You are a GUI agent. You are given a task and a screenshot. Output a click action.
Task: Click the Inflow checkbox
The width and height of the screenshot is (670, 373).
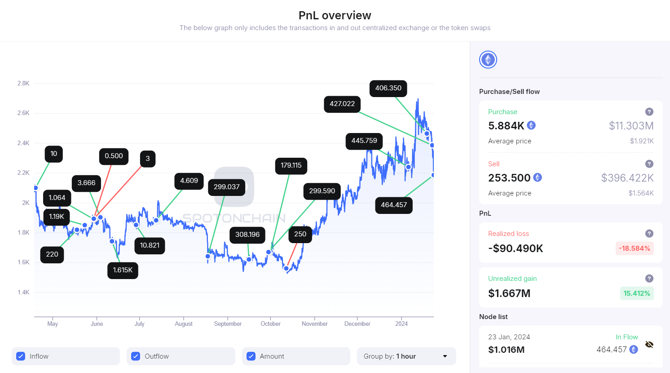(x=21, y=356)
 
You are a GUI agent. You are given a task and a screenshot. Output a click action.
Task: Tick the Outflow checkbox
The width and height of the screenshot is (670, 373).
(x=136, y=356)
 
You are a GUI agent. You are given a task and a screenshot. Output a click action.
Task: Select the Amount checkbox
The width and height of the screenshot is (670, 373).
(x=251, y=356)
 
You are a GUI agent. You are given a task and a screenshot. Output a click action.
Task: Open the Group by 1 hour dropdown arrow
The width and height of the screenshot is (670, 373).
(x=445, y=356)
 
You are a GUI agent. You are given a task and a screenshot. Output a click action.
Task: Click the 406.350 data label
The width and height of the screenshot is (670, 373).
(x=388, y=88)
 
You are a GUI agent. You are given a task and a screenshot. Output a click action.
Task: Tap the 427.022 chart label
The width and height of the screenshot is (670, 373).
(x=342, y=104)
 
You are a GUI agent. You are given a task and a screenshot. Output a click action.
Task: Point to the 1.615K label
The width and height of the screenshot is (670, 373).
(x=123, y=270)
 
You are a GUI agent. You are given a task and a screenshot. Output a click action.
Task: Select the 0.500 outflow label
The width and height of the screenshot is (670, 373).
(x=114, y=156)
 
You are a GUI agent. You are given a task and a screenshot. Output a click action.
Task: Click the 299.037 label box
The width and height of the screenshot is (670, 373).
(x=226, y=187)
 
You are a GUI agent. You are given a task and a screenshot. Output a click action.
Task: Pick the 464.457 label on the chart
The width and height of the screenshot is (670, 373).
(x=394, y=205)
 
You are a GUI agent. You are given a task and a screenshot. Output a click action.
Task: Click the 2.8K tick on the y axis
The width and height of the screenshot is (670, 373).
(x=23, y=83)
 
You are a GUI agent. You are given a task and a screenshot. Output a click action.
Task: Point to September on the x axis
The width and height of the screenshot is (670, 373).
(x=228, y=324)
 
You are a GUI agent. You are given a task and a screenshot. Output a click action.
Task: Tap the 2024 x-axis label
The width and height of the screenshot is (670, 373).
(x=401, y=324)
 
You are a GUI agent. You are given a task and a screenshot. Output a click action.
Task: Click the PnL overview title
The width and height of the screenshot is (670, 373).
(x=335, y=15)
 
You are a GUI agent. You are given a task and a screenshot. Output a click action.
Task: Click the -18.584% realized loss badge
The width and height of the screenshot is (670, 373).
(x=634, y=249)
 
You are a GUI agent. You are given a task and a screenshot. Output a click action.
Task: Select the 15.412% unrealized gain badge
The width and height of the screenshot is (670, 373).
(x=636, y=293)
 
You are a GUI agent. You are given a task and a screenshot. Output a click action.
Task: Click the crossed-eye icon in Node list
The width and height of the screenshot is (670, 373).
(x=649, y=345)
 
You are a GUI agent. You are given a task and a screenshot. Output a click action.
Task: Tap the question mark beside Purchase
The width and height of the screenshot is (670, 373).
(x=649, y=112)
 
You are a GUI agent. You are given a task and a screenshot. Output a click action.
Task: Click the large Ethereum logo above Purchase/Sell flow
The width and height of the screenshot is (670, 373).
(x=488, y=60)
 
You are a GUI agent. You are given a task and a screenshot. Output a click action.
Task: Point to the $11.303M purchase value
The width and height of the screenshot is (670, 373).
(x=631, y=126)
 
